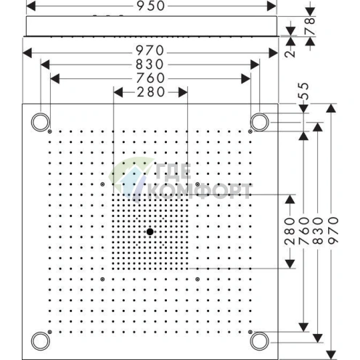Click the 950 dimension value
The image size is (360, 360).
pyautogui.click(x=150, y=7)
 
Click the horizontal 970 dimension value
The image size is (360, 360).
pyautogui.click(x=150, y=52)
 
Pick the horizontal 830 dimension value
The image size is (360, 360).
pyautogui.click(x=150, y=65)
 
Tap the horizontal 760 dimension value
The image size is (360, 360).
pyautogui.click(x=150, y=78)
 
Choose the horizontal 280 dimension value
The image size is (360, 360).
pyautogui.click(x=150, y=91)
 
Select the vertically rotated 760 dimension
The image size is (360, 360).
pyautogui.click(x=303, y=230)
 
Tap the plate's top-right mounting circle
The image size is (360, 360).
pyautogui.click(x=259, y=120)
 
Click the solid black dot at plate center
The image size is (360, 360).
pyautogui.click(x=150, y=232)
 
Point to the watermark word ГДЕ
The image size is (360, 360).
pyautogui.click(x=176, y=173)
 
